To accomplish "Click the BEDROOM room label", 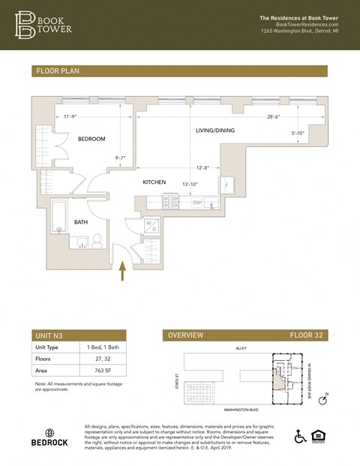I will pos(91,139).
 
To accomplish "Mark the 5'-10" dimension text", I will pos(298,134).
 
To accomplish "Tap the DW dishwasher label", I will pos(197,203).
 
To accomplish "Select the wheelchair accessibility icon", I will pos(301,437).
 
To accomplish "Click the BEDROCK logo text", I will pos(48,443).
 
